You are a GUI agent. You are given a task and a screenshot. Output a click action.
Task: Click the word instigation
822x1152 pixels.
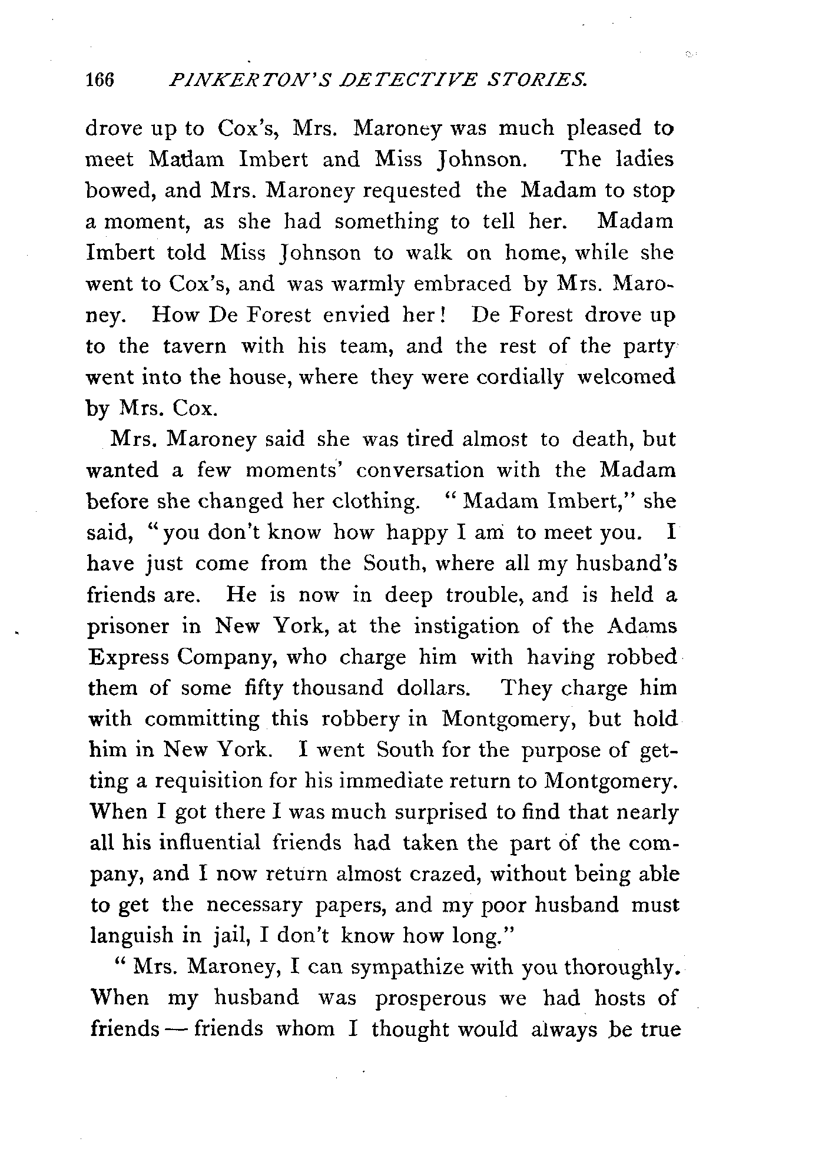[x=467, y=625]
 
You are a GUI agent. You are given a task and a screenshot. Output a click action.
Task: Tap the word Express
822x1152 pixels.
[x=127, y=657]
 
